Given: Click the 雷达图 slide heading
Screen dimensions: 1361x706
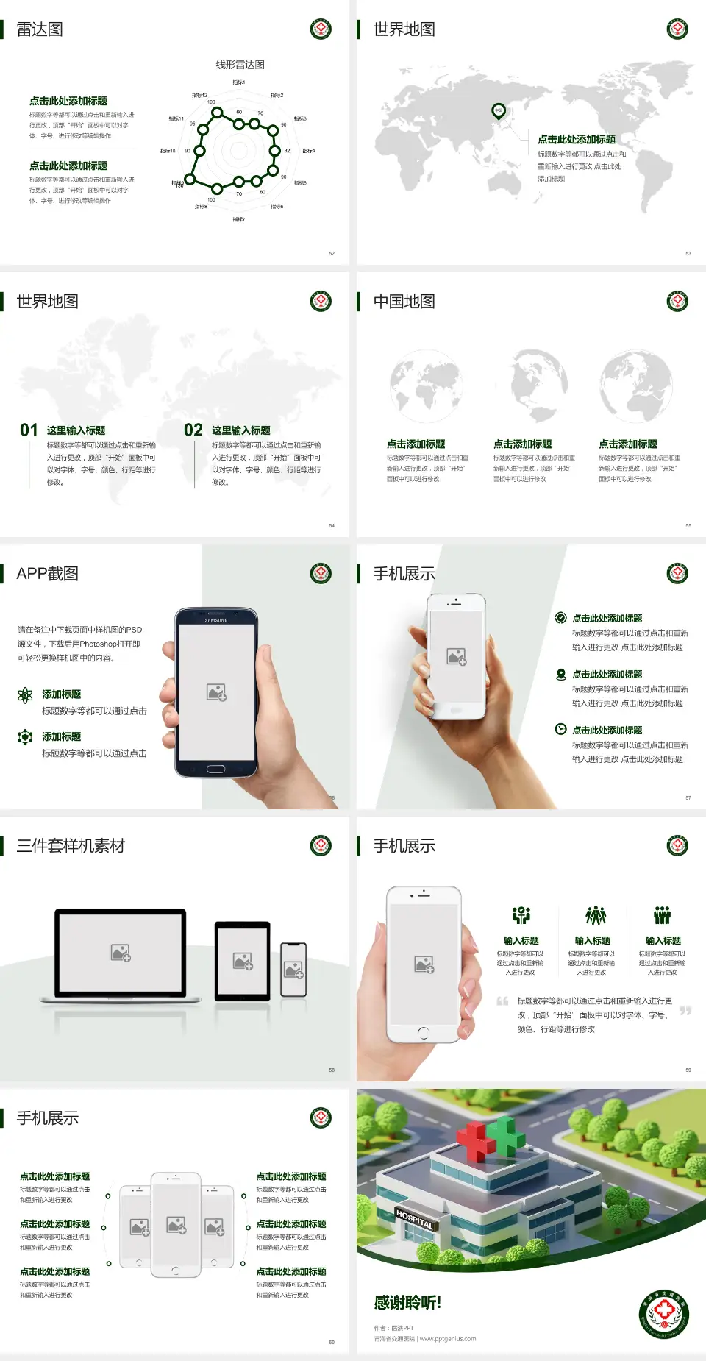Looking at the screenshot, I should [40, 29].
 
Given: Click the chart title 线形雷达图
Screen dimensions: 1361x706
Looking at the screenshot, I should [240, 65].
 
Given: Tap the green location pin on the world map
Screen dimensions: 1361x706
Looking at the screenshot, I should [499, 111].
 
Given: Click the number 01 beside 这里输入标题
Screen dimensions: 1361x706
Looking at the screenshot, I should [29, 430].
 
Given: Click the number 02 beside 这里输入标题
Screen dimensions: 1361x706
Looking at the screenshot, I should [193, 430].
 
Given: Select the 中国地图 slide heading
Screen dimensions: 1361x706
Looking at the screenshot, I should [404, 302].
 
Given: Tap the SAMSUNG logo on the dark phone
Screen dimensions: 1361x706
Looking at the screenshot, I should [216, 620].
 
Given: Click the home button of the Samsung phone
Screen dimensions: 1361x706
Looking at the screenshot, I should [215, 769].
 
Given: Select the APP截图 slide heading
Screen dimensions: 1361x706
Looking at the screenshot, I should [47, 574].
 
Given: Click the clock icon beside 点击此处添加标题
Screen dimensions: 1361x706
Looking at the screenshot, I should [560, 729].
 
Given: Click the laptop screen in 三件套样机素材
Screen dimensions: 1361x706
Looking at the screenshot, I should [121, 952].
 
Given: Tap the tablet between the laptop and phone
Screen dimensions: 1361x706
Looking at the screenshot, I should [243, 960].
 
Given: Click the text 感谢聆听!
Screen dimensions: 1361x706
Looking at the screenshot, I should [407, 1303].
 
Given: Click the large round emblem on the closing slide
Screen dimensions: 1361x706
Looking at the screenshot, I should [663, 1315].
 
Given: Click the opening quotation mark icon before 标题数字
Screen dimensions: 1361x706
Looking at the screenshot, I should [502, 1001].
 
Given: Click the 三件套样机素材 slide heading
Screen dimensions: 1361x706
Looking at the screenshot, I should [71, 846].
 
